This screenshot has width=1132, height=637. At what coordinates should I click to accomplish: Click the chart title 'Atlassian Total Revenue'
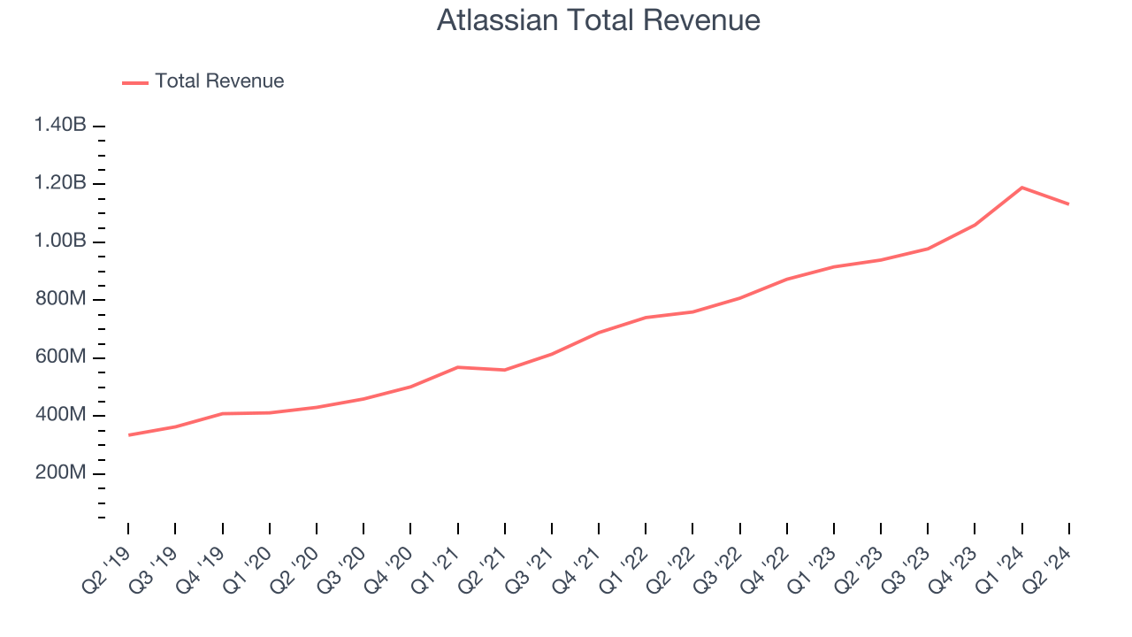[x=598, y=20]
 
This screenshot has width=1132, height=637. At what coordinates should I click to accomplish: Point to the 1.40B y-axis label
[x=60, y=126]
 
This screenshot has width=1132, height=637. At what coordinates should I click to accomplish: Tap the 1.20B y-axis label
[x=60, y=184]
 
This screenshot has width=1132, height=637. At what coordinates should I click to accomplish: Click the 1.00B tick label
[x=60, y=242]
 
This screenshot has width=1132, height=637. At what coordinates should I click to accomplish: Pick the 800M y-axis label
[x=60, y=300]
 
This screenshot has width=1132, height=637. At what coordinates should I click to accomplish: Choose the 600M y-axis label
[x=60, y=357]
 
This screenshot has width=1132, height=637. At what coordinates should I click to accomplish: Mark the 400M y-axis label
[x=60, y=416]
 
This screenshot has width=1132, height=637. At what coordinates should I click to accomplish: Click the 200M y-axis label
[x=60, y=473]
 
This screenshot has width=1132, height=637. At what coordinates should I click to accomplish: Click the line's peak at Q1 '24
[x=1022, y=188]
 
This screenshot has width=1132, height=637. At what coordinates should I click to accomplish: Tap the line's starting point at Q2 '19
[x=128, y=435]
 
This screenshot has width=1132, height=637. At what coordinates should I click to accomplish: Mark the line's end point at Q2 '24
[x=1069, y=204]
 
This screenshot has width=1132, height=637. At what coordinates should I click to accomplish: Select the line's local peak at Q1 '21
[x=458, y=367]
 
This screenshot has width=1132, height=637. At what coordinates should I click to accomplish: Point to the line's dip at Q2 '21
[x=505, y=370]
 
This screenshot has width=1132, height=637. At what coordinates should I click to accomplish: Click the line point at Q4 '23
[x=975, y=225]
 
